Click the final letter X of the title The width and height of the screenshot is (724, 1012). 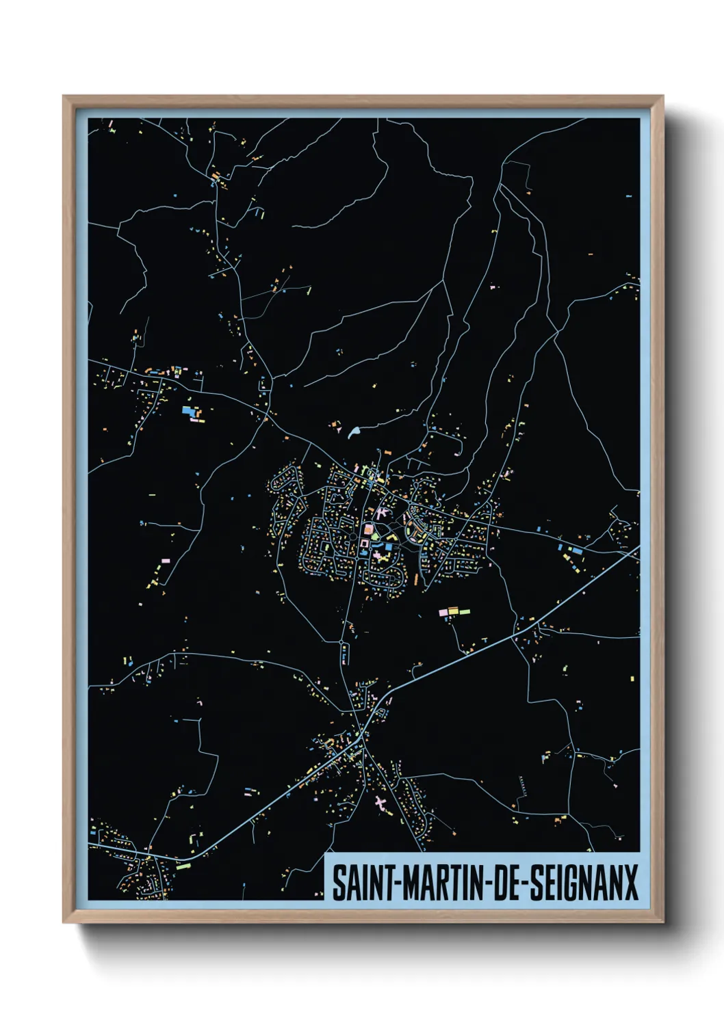point(630,882)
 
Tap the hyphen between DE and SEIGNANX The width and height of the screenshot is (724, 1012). point(526,882)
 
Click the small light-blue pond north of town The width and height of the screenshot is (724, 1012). point(354,432)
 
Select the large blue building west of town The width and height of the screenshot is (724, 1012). point(188,411)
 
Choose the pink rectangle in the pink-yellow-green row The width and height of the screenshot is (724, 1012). point(443,611)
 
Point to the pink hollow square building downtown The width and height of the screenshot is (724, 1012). point(364,543)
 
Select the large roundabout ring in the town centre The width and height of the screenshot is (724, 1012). point(353,537)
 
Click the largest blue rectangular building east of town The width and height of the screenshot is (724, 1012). point(576,549)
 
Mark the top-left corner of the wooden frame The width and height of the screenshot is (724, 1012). point(64,96)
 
